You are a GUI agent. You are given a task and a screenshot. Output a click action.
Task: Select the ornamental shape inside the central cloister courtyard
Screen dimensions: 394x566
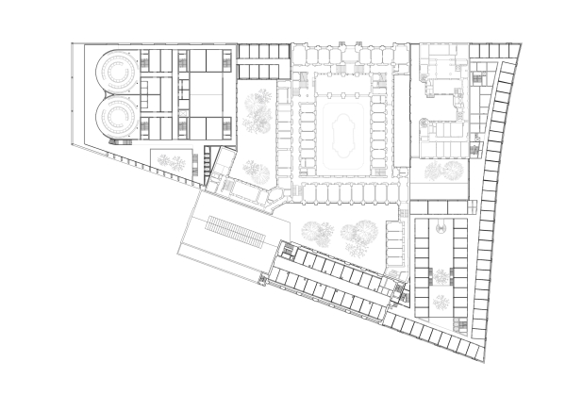pyautogui.click(x=341, y=125)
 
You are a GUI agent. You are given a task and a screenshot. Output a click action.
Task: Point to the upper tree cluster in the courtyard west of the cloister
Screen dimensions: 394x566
pyautogui.click(x=258, y=109)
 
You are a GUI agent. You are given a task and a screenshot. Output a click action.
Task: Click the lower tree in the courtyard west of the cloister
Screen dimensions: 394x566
pyautogui.click(x=256, y=170)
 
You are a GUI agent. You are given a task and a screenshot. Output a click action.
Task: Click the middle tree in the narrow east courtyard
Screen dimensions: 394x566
pyautogui.click(x=440, y=276)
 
